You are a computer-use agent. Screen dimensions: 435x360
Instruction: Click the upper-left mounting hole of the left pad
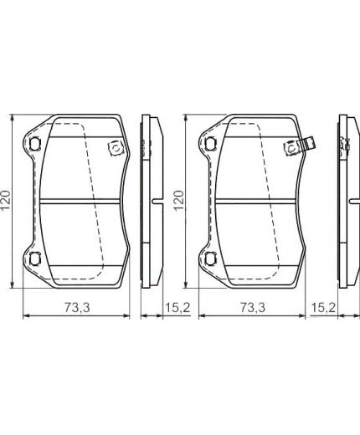point(35,144)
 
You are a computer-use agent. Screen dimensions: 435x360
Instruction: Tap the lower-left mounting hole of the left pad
point(35,258)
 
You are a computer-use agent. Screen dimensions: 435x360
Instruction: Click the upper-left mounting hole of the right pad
point(208,144)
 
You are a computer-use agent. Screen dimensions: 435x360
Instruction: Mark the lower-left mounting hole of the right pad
point(208,258)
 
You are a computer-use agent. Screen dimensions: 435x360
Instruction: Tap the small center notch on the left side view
point(159,201)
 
